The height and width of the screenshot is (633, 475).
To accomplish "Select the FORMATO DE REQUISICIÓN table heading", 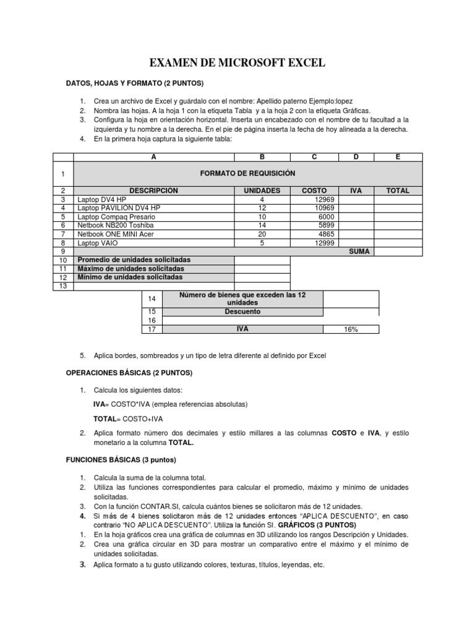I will pyautogui.click(x=248, y=174).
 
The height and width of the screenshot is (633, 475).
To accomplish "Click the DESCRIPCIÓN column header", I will pyautogui.click(x=153, y=191).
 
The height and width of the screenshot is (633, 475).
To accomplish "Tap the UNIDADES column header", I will pyautogui.click(x=262, y=191).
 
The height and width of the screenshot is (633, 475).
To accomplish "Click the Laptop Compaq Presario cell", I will pyautogui.click(x=116, y=217).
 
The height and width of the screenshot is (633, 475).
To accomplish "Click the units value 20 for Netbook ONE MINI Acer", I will pyautogui.click(x=262, y=234).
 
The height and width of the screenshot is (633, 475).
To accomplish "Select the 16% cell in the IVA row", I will pyautogui.click(x=351, y=329).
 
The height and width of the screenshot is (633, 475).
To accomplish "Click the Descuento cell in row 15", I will pyautogui.click(x=242, y=312).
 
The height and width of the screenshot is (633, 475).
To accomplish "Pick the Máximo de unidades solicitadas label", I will pyautogui.click(x=131, y=269).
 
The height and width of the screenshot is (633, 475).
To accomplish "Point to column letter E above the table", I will pyautogui.click(x=398, y=158).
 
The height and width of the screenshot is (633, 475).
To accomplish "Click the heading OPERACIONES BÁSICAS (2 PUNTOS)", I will pyautogui.click(x=129, y=373).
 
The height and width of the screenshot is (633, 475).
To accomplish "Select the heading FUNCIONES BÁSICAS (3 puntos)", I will pyautogui.click(x=121, y=460).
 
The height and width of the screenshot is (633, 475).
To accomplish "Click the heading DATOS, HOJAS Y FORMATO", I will pyautogui.click(x=135, y=83).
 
